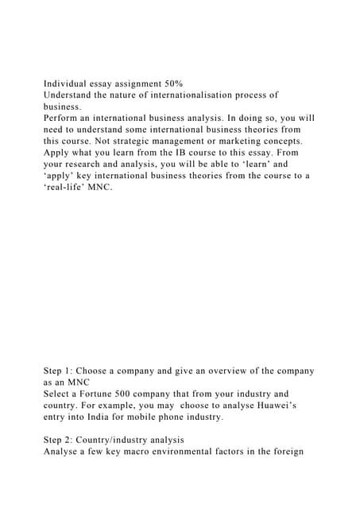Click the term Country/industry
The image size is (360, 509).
coord(119,441)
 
